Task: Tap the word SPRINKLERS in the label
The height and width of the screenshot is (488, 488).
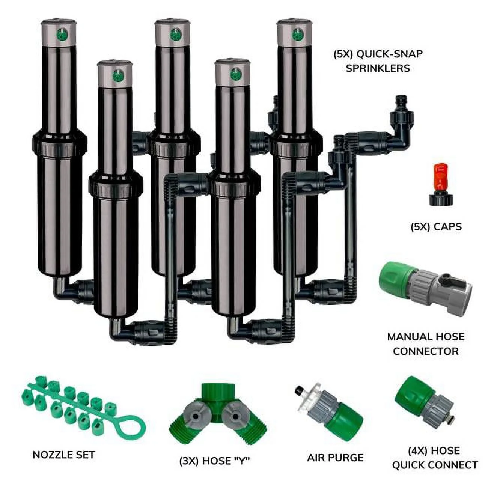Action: click(x=378, y=69)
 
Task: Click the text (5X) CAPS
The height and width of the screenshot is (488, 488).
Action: click(x=436, y=227)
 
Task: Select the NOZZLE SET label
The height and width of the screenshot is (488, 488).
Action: click(x=64, y=455)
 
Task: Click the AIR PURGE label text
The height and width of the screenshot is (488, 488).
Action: click(x=335, y=458)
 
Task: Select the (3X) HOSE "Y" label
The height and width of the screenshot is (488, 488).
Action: click(x=214, y=461)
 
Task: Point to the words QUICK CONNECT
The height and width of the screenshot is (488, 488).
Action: click(x=435, y=465)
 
